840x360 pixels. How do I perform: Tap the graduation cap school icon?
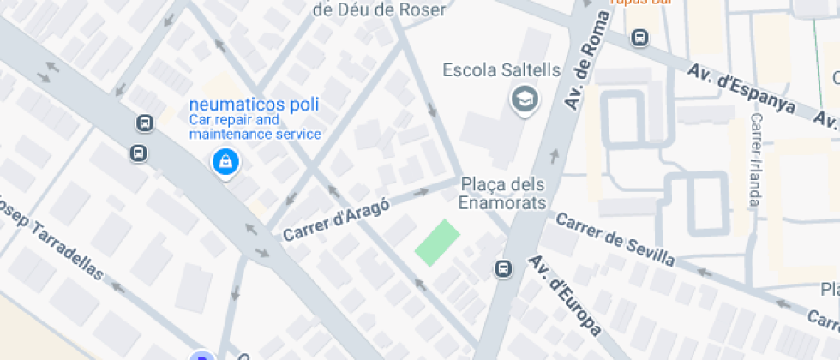point(525,100)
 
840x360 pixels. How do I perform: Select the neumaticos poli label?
point(255,105)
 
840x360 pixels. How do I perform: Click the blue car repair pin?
point(225,162)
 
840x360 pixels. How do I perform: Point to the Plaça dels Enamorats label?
point(503,194)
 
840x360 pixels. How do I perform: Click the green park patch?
point(437,243)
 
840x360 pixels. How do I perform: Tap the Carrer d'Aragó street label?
point(336,219)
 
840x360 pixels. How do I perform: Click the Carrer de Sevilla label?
point(615,238)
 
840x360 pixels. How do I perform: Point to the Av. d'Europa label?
point(563,294)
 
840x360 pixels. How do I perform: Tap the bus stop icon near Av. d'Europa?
point(503,269)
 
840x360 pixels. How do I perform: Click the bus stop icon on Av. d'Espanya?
point(639,38)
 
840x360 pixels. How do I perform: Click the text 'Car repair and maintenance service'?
point(255,127)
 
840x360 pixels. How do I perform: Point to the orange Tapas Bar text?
point(639,3)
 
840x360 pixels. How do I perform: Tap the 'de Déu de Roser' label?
point(380,10)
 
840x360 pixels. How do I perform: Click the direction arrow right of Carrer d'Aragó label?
point(421,194)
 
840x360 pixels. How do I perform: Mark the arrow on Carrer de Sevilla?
point(705,273)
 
